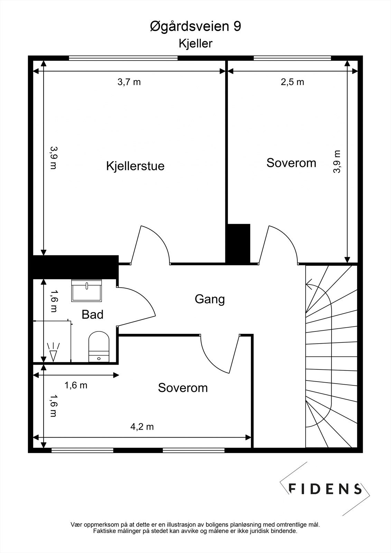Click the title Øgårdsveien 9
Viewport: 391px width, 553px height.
click(195, 27)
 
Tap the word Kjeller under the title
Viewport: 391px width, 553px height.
click(195, 44)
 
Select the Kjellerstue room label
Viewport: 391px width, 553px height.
click(136, 166)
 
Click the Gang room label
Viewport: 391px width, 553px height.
click(210, 299)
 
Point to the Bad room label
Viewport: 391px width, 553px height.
click(92, 315)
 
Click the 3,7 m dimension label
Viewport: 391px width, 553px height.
click(129, 82)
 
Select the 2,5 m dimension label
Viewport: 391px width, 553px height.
click(292, 82)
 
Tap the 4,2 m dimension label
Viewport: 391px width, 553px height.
click(142, 427)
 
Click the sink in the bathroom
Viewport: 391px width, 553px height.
click(86, 291)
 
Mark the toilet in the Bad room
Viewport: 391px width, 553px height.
click(99, 347)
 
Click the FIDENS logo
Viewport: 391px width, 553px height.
click(325, 489)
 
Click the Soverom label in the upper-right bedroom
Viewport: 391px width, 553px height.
click(291, 163)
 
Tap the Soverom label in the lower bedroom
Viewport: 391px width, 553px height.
click(183, 388)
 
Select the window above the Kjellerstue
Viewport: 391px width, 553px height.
click(123, 58)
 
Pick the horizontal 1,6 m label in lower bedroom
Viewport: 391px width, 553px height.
click(76, 385)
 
